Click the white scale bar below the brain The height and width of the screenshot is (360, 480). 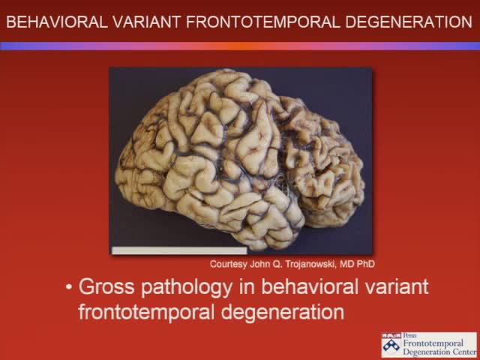(178, 250)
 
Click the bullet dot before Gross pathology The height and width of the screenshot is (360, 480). (69, 287)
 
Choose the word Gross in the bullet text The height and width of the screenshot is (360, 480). (103, 287)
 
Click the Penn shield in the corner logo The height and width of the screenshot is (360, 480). (391, 345)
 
